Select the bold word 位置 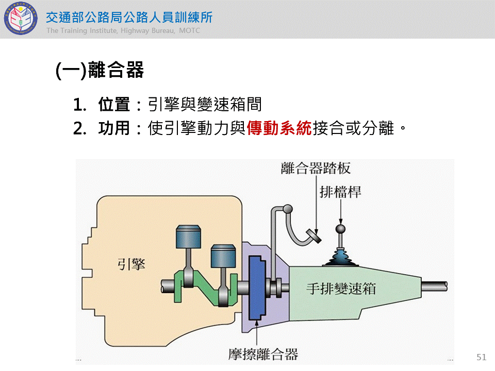pos(114,105)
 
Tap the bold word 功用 pos(114,128)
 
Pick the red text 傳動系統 pos(279,128)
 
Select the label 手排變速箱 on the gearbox pos(341,288)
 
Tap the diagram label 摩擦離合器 pos(263,354)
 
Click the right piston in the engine pos(223,256)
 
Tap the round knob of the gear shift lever pos(340,229)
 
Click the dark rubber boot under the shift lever pos(340,257)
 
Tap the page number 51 pos(482,357)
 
